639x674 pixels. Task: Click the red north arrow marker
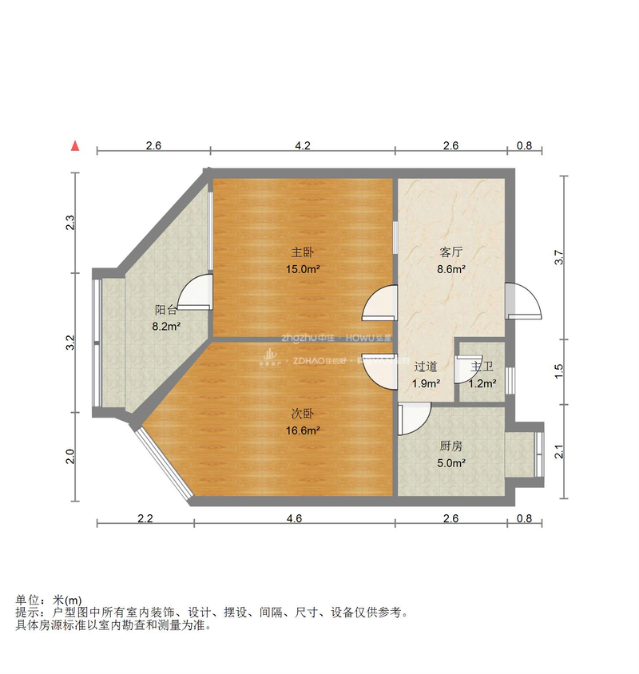[74, 145]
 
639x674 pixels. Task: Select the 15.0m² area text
[303, 269]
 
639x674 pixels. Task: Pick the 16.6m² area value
[303, 431]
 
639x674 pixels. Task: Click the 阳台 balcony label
[166, 310]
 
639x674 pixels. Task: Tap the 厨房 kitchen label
[451, 446]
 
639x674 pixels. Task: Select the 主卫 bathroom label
[482, 367]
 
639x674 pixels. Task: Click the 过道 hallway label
[426, 367]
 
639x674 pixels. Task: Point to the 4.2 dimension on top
[302, 146]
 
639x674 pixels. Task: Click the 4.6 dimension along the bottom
[294, 518]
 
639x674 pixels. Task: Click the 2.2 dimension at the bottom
[145, 518]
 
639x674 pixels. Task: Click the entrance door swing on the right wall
[524, 301]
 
